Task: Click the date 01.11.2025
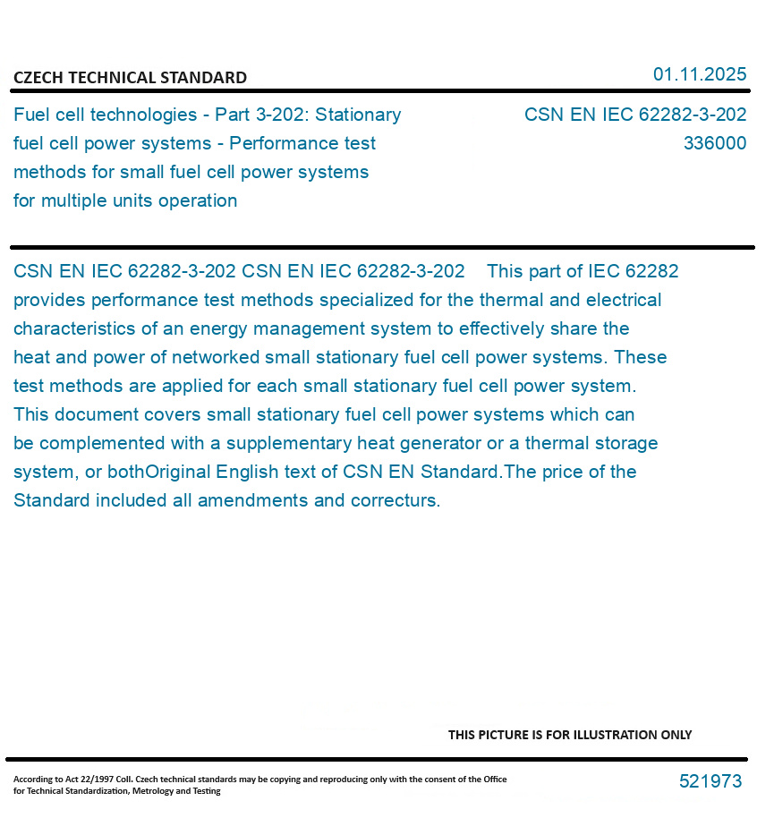pyautogui.click(x=700, y=74)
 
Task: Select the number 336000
pyautogui.click(x=714, y=143)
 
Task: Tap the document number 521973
pyautogui.click(x=710, y=781)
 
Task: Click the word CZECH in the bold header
pyautogui.click(x=38, y=78)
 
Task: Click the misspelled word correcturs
pyautogui.click(x=396, y=500)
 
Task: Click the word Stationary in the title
pyautogui.click(x=359, y=115)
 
